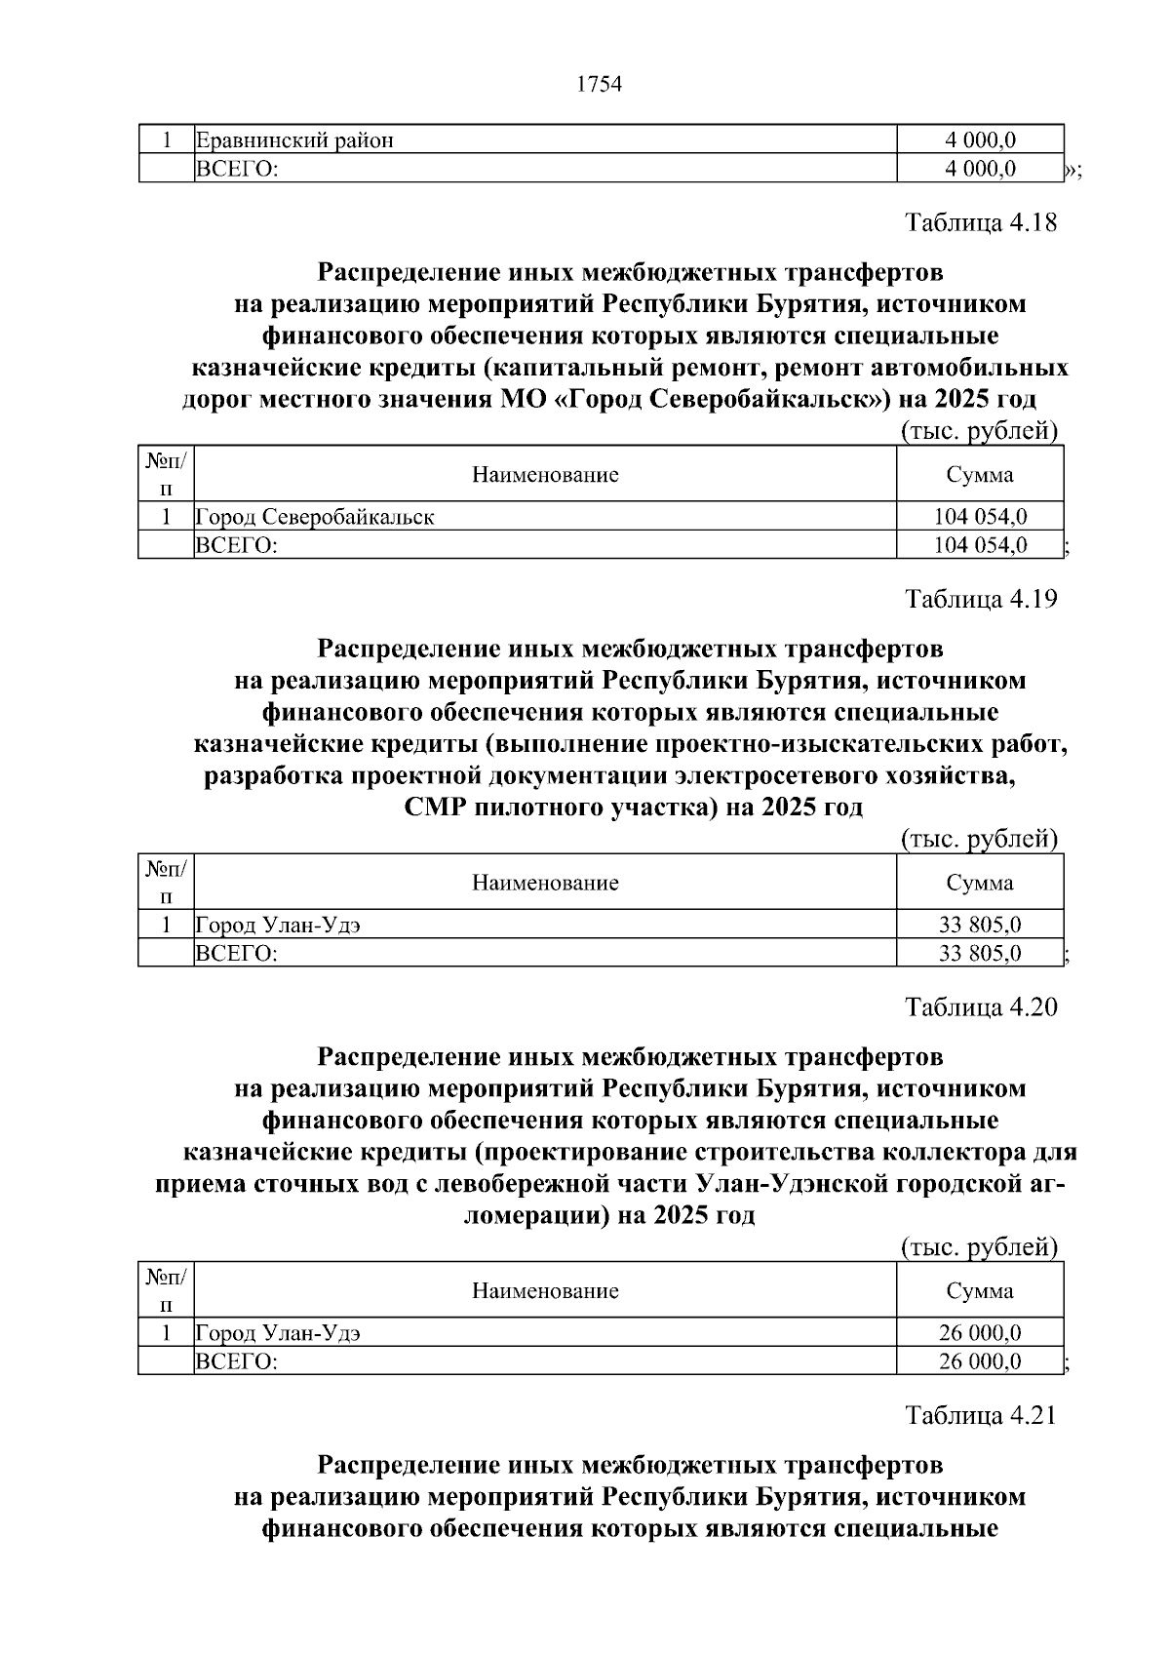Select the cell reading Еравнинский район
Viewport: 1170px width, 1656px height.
(295, 140)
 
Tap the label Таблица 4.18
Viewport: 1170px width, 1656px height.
(981, 223)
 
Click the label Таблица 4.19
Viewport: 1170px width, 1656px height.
(981, 599)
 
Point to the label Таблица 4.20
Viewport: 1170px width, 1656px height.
(981, 1007)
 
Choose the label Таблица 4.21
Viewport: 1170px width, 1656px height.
(981, 1415)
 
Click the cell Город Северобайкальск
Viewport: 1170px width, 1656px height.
(316, 517)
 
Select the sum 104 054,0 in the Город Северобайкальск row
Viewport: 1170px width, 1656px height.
(980, 517)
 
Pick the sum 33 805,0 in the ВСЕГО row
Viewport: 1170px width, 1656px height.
(980, 953)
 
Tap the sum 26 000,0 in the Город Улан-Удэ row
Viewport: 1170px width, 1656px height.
(980, 1332)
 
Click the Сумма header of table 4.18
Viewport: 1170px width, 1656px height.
(980, 475)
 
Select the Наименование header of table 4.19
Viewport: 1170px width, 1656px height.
(545, 883)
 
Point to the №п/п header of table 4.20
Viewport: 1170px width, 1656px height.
(167, 1290)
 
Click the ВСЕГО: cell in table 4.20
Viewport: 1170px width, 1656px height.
(237, 1361)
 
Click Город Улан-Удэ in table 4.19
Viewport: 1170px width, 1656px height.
(279, 925)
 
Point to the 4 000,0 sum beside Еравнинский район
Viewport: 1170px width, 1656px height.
(980, 140)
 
